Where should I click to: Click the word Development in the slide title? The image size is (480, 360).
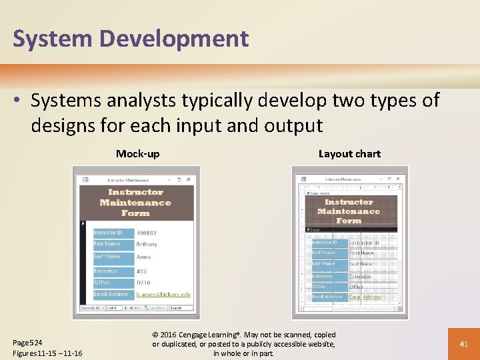pyautogui.click(x=175, y=39)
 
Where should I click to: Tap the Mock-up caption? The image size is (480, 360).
pyautogui.click(x=138, y=154)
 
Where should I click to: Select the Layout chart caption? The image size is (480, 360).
pyautogui.click(x=349, y=154)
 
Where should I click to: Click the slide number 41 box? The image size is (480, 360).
pyautogui.click(x=464, y=344)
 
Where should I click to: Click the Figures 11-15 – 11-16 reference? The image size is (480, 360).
pyautogui.click(x=47, y=353)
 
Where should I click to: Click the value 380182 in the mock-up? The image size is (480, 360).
pyautogui.click(x=147, y=233)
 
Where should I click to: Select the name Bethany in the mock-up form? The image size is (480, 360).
pyautogui.click(x=147, y=245)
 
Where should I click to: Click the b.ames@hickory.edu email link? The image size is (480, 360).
pyautogui.click(x=163, y=294)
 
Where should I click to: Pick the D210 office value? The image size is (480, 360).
pyautogui.click(x=144, y=283)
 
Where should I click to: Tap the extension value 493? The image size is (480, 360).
pyautogui.click(x=141, y=271)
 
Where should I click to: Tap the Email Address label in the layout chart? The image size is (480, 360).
pyautogui.click(x=327, y=297)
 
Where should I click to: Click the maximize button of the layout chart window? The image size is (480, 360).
pyautogui.click(x=391, y=179)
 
